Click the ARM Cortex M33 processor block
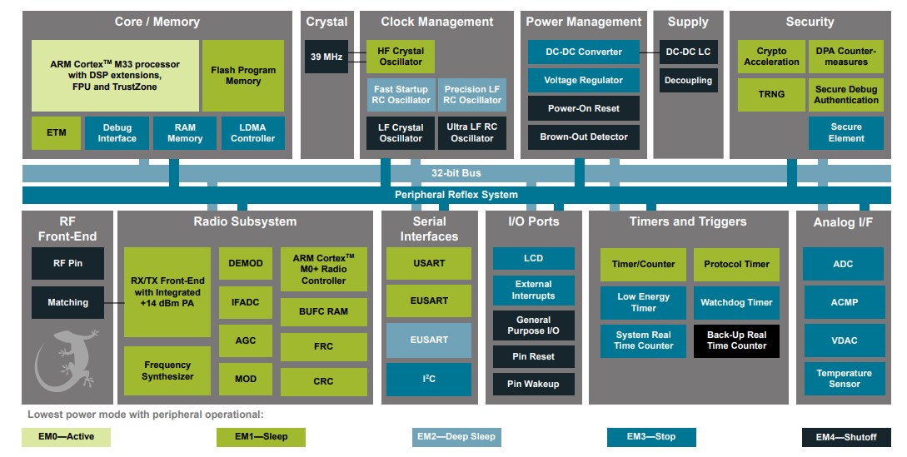[115, 75]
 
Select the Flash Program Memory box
[243, 76]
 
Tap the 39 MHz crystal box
[326, 57]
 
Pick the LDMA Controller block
[252, 133]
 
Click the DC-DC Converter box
[583, 52]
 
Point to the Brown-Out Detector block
[583, 137]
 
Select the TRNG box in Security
[771, 94]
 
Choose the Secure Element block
[845, 133]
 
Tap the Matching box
[68, 302]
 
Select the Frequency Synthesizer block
[167, 370]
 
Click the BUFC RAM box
[323, 311]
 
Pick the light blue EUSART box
[428, 340]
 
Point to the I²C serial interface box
[428, 379]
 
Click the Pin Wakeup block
[533, 384]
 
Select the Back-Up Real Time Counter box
[736, 340]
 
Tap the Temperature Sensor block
[844, 379]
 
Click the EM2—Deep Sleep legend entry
[456, 437]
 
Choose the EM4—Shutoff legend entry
[845, 437]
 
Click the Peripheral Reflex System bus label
[456, 195]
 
